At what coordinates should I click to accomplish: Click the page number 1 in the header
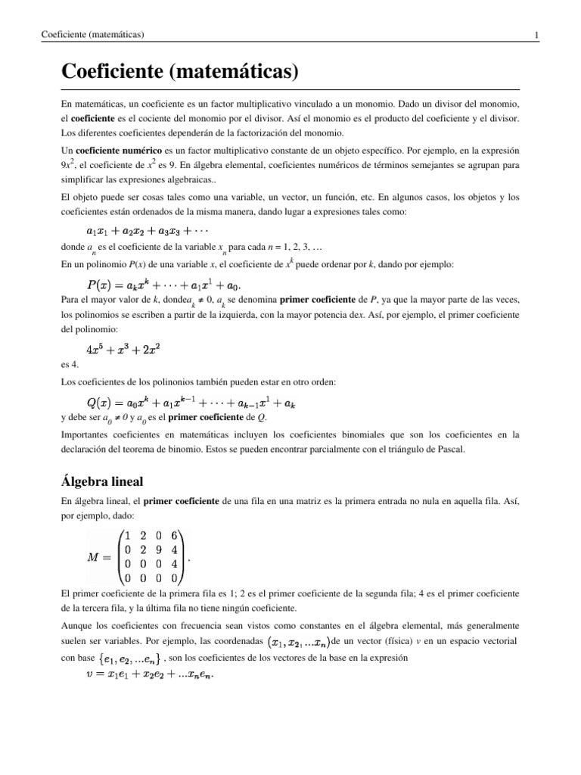point(536,35)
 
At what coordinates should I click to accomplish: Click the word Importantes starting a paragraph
point(87,434)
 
